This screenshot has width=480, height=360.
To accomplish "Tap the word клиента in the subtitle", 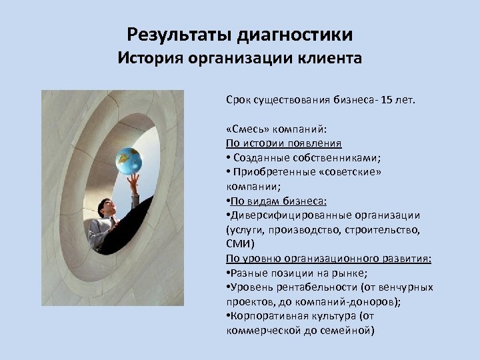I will coord(329,58).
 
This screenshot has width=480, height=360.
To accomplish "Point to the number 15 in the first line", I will coord(387,100).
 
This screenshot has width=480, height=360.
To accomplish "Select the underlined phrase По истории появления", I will coord(284,143).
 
